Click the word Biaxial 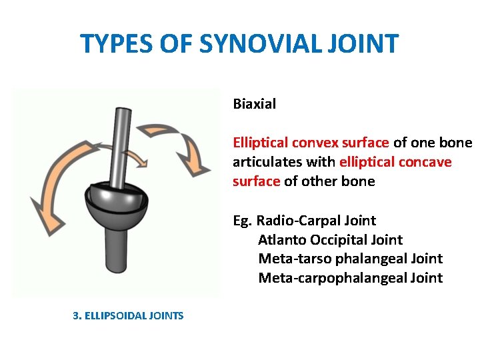pyautogui.click(x=254, y=104)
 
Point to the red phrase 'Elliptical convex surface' pyautogui.click(x=311, y=143)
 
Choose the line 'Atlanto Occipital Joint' pyautogui.click(x=330, y=240)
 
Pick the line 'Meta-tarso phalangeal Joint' pyautogui.click(x=350, y=259)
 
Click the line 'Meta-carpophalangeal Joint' pyautogui.click(x=350, y=278)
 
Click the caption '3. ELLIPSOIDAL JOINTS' pyautogui.click(x=128, y=316)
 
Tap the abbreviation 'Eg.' pyautogui.click(x=243, y=221)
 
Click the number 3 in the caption pyautogui.click(x=75, y=316)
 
